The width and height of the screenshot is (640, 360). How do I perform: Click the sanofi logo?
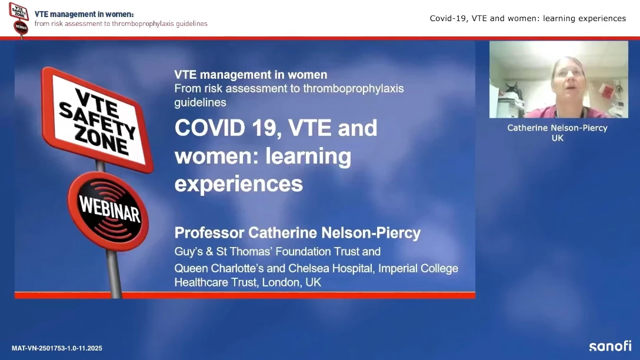(x=610, y=346)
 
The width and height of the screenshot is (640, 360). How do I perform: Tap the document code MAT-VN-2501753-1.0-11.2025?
(x=56, y=348)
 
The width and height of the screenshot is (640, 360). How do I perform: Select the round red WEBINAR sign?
(x=108, y=211)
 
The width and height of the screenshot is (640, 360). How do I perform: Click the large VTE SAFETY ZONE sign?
(x=97, y=120)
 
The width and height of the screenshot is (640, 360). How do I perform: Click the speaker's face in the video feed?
(x=567, y=78)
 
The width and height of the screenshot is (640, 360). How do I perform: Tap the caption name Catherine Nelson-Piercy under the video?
(x=557, y=128)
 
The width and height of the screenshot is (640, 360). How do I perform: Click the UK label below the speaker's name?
(x=557, y=138)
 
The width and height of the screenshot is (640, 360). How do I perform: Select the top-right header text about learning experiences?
(x=528, y=18)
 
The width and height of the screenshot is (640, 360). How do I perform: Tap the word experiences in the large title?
(x=239, y=184)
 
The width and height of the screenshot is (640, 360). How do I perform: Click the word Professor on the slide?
(x=209, y=233)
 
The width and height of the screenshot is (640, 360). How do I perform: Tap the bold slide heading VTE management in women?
(x=251, y=75)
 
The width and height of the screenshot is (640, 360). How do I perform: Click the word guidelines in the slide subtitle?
(x=200, y=102)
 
